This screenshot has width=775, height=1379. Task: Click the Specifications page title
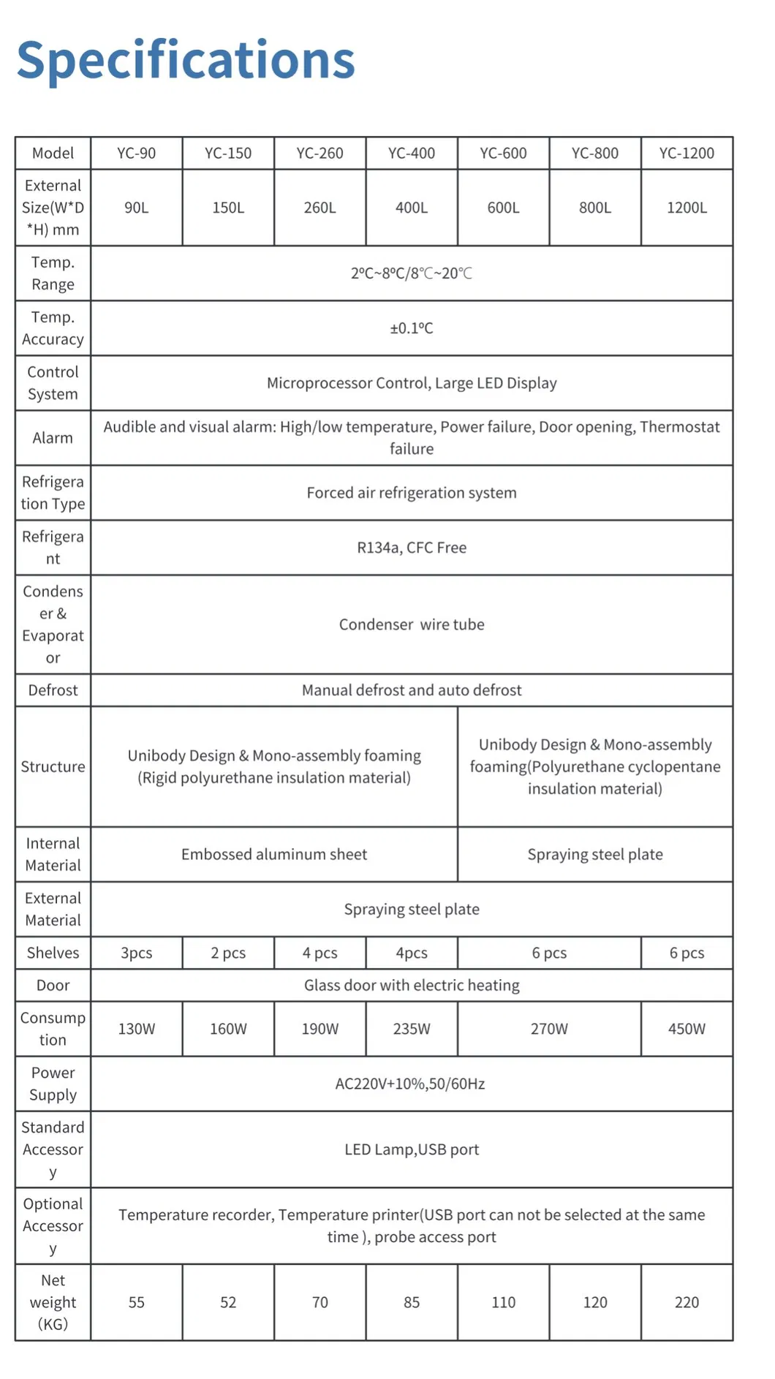(186, 60)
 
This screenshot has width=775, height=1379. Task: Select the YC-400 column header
(411, 153)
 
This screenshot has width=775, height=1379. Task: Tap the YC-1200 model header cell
(686, 153)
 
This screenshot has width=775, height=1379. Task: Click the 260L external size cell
(320, 208)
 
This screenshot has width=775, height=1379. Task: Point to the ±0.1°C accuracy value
(411, 328)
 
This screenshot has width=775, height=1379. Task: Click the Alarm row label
(53, 438)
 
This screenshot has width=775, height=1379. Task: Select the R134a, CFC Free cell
(411, 548)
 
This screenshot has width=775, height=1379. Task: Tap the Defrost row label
(53, 690)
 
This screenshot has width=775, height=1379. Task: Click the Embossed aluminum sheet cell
(274, 854)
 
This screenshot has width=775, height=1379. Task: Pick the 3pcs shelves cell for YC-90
(136, 953)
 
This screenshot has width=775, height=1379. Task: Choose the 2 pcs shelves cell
(228, 953)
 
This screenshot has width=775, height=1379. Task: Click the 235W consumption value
(411, 1029)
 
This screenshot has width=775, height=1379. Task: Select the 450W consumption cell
(686, 1029)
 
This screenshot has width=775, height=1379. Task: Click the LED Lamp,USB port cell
(411, 1149)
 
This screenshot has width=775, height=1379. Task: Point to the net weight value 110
(503, 1302)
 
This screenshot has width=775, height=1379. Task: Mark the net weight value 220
(686, 1302)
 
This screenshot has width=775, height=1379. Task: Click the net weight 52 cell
(228, 1302)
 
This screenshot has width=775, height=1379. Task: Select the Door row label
(53, 985)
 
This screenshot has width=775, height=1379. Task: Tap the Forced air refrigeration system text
(411, 493)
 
